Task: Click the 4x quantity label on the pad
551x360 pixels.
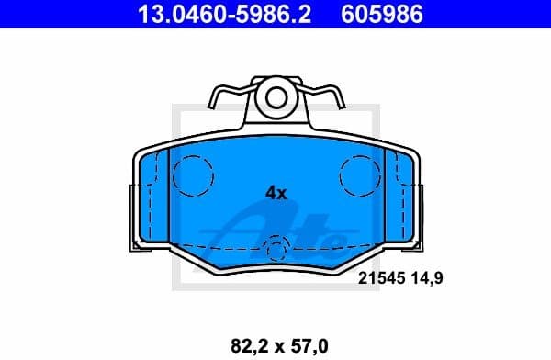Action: tap(275, 193)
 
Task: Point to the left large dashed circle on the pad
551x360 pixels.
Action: tap(193, 173)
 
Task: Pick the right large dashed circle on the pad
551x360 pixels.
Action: tap(358, 173)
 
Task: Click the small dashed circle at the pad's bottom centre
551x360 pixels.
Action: tap(275, 246)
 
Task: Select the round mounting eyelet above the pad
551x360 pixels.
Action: tap(275, 96)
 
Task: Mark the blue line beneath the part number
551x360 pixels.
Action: tap(275, 28)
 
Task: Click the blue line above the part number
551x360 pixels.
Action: tap(275, 2)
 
